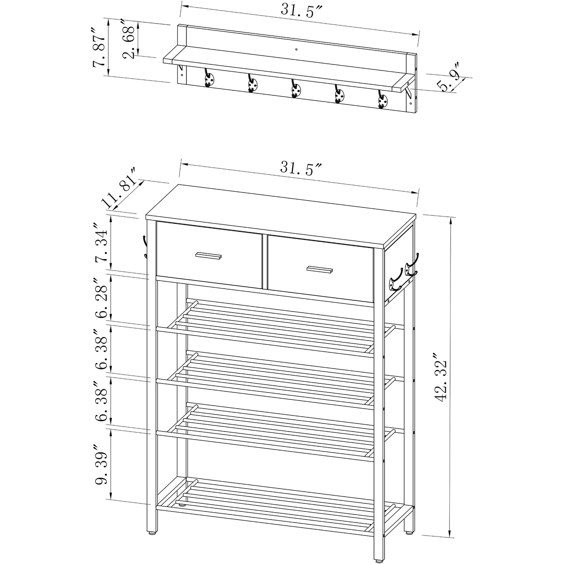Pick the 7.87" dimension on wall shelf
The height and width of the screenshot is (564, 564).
(x=99, y=47)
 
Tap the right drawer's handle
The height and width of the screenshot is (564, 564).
(x=319, y=269)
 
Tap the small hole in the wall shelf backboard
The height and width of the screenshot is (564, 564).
(x=296, y=49)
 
